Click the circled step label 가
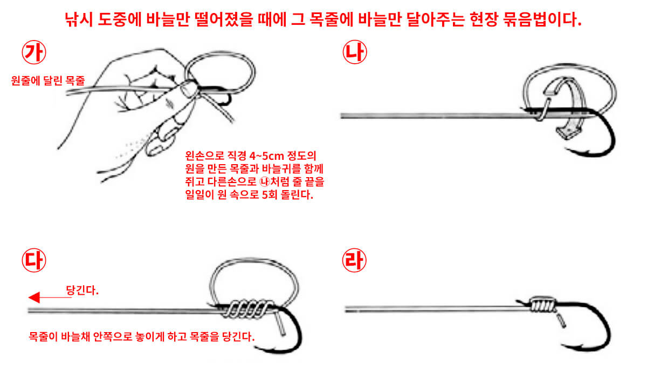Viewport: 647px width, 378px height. tap(34, 52)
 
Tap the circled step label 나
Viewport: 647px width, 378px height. tap(354, 52)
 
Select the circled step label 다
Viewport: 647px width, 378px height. tap(34, 260)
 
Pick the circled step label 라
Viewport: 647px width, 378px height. tap(354, 260)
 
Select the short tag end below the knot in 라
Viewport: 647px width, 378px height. tap(561, 321)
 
